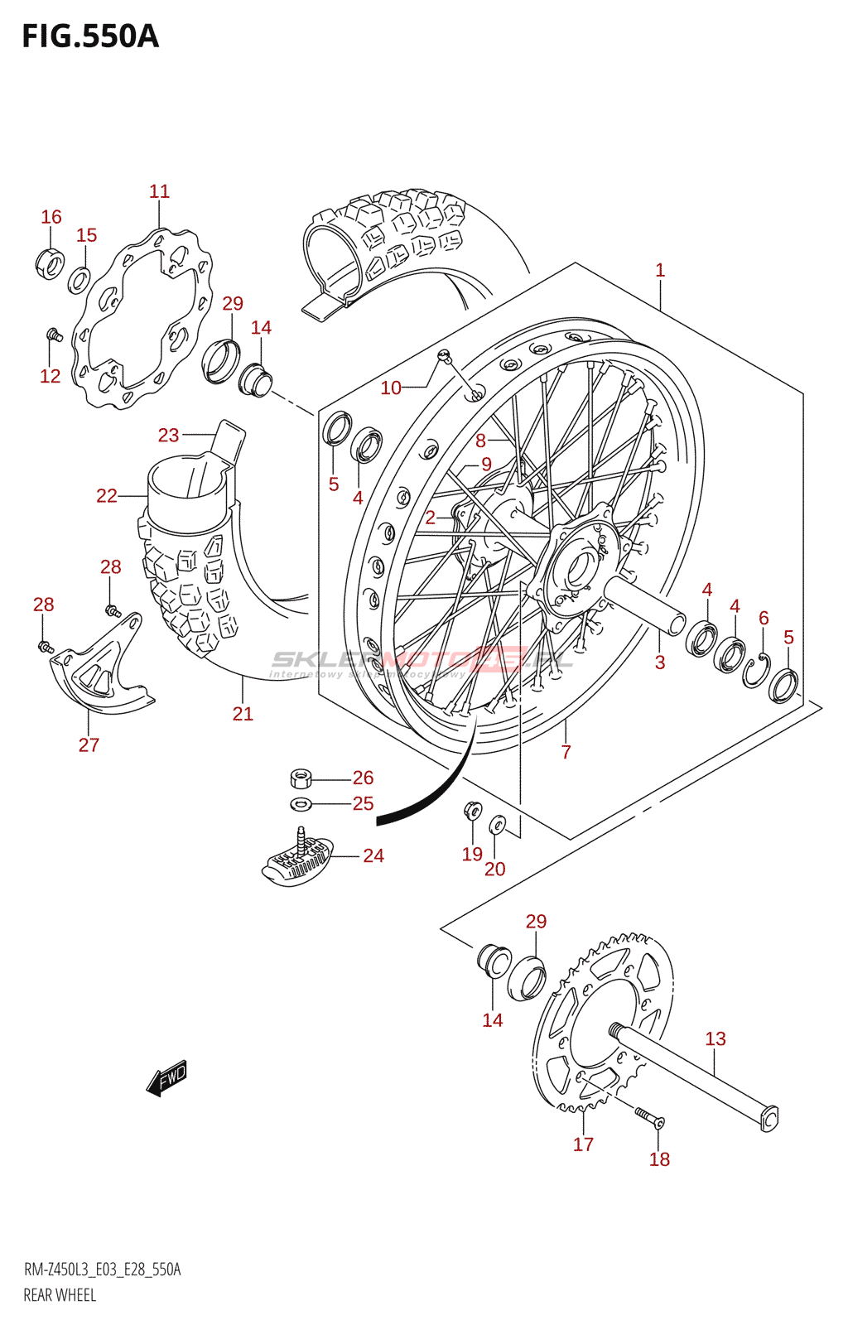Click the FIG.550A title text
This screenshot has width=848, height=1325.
(x=89, y=36)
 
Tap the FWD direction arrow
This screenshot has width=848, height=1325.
(x=167, y=1077)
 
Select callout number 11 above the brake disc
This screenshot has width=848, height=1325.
(x=159, y=191)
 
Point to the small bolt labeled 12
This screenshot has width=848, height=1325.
(x=53, y=335)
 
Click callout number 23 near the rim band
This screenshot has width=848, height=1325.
(x=168, y=435)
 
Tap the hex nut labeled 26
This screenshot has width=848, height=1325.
(x=301, y=778)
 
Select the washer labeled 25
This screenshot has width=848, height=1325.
(x=301, y=803)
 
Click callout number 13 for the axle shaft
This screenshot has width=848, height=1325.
(x=715, y=1038)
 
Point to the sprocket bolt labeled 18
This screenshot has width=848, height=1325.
(x=648, y=1117)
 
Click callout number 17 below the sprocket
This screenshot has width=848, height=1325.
(x=583, y=1144)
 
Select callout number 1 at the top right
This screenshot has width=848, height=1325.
(x=659, y=270)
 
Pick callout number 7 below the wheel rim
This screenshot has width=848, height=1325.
(x=566, y=751)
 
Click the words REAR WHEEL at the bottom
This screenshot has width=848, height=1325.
(x=60, y=1295)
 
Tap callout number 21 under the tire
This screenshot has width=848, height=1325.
(x=243, y=713)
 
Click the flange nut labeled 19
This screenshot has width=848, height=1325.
(x=472, y=809)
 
